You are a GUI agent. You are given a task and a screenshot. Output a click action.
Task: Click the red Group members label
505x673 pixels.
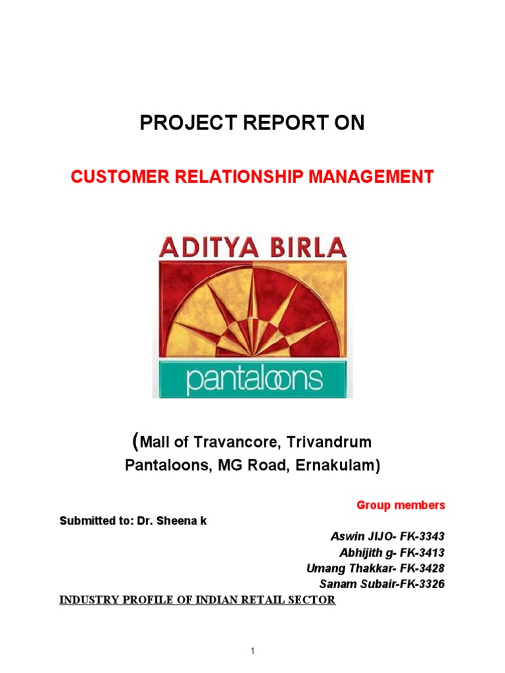[x=400, y=505]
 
